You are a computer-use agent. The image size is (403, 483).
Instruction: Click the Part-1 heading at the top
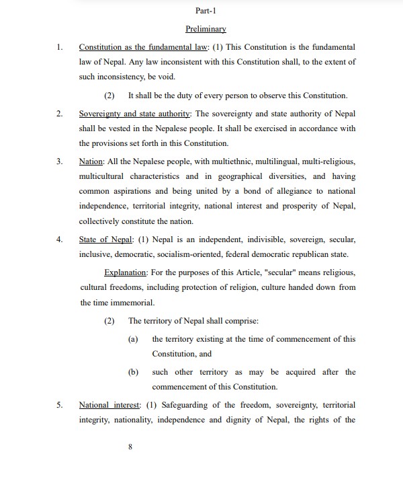coord(206,12)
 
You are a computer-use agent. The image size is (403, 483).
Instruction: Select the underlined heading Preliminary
coord(206,30)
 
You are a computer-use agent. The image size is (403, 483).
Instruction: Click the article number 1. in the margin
coord(59,48)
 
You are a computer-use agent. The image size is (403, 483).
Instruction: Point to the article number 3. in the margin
coord(59,161)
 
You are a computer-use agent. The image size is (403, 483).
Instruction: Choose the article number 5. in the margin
coord(59,406)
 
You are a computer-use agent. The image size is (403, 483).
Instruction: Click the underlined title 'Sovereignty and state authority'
coord(135,114)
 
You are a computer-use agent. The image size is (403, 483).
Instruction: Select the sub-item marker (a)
coord(133,339)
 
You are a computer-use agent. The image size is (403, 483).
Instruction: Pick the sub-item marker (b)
coord(133,372)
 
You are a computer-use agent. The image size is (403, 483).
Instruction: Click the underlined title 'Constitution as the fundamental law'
coord(144,48)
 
